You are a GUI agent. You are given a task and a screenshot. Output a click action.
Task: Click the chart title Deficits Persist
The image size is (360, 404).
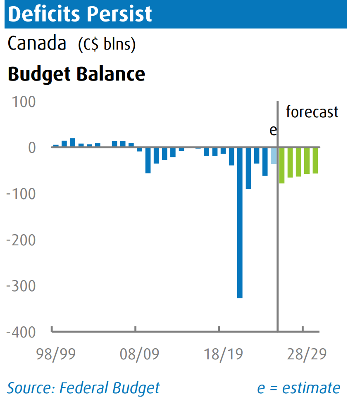80,14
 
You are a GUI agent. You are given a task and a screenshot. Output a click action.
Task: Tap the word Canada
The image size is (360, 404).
37,43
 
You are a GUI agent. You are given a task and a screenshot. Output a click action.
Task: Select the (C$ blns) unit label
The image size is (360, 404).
107,44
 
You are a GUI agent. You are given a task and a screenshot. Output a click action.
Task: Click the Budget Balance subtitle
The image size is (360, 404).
76,74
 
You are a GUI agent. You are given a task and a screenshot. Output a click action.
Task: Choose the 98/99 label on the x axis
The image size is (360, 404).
56,354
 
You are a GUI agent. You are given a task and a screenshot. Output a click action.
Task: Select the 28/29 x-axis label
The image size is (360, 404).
306,354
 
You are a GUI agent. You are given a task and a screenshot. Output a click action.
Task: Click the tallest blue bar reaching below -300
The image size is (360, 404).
240,223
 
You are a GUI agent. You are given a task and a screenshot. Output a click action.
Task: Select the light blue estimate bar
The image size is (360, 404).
274,156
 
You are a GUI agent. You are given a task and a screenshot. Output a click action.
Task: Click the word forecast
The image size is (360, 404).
312,112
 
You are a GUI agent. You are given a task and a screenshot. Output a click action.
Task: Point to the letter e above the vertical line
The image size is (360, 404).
273,131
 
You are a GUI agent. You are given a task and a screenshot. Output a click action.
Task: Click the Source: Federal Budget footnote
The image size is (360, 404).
83,388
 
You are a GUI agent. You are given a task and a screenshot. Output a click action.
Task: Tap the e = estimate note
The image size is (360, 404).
298,388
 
